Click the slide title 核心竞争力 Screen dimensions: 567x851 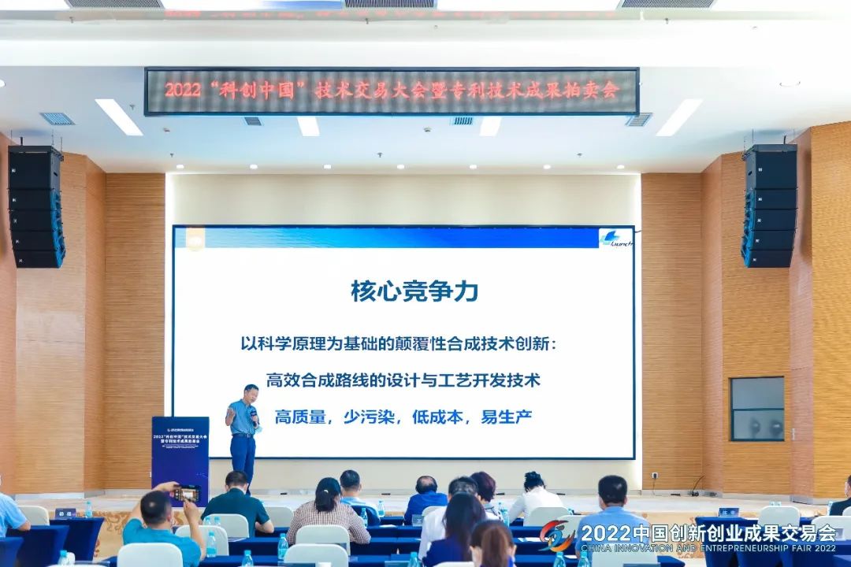(x=414, y=291)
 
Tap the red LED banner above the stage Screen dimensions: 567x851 (x=392, y=91)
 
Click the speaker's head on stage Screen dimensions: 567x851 (x=251, y=392)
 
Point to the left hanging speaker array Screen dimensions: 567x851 (x=36, y=206)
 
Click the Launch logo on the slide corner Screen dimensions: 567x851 (x=615, y=238)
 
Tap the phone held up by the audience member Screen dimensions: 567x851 (x=186, y=494)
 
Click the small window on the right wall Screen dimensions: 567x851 (x=756, y=409)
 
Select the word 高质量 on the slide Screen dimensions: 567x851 (x=300, y=417)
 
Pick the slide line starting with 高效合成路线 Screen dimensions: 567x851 (x=403, y=380)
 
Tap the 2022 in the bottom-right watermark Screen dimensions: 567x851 (x=603, y=532)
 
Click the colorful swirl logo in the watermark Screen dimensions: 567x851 (x=557, y=535)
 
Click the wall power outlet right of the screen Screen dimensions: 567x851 (x=655, y=476)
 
